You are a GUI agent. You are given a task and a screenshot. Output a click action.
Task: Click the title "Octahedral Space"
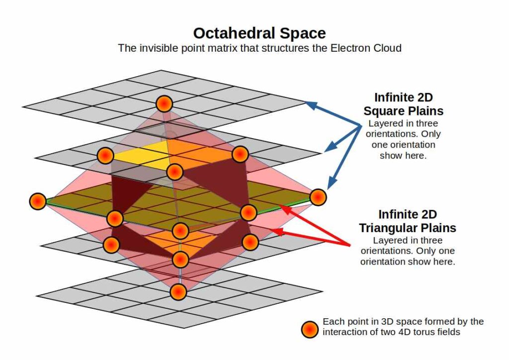pyautogui.click(x=259, y=33)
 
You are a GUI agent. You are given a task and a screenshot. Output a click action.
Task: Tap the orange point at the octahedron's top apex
pyautogui.click(x=164, y=104)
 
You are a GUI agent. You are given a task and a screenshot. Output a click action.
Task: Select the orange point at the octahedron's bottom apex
pyautogui.click(x=178, y=291)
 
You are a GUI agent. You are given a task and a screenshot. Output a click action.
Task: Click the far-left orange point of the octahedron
pyautogui.click(x=38, y=201)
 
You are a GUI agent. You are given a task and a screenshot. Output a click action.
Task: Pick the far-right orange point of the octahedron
pyautogui.click(x=318, y=197)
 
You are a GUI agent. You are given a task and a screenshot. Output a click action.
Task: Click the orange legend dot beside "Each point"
pyautogui.click(x=310, y=330)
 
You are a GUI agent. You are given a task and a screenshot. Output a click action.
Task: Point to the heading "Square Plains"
pyautogui.click(x=404, y=111)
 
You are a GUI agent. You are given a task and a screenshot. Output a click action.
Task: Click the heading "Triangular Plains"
pyautogui.click(x=408, y=228)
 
